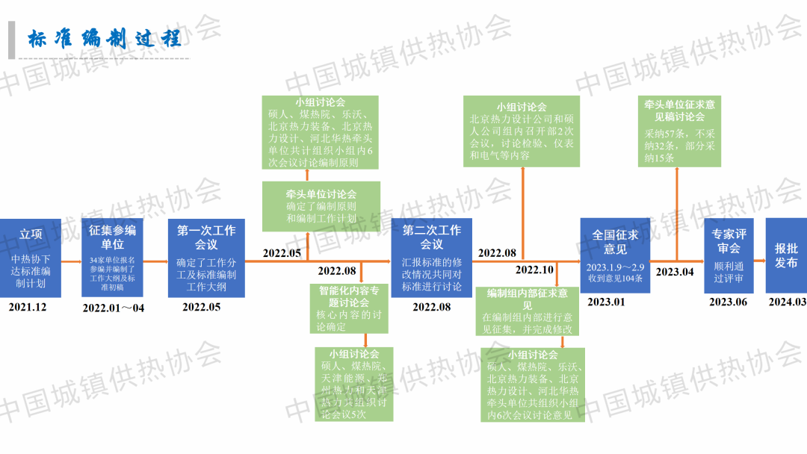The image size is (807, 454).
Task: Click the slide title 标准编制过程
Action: pyautogui.click(x=105, y=39)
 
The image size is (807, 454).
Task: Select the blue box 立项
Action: pyautogui.click(x=30, y=258)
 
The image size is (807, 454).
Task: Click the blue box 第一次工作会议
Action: pyautogui.click(x=206, y=258)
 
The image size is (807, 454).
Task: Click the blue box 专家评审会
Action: pyautogui.click(x=729, y=255)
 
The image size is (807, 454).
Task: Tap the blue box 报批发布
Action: pyautogui.click(x=786, y=255)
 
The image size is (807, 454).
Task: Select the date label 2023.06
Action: pyautogui.click(x=728, y=302)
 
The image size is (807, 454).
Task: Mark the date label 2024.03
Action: pyautogui.click(x=787, y=302)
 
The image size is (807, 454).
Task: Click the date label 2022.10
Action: pyautogui.click(x=534, y=270)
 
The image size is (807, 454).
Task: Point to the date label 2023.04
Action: pyautogui.click(x=675, y=272)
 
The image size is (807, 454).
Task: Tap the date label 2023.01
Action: pyautogui.click(x=607, y=302)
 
